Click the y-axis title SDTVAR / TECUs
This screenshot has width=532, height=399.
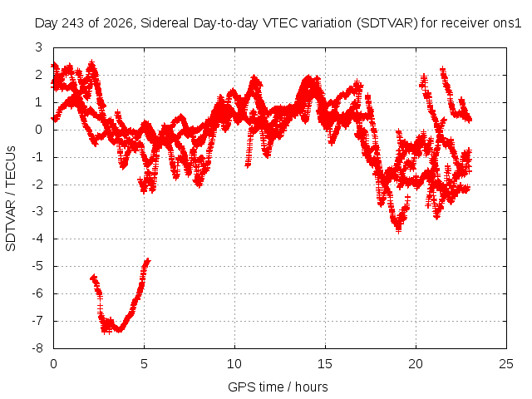pyautogui.click(x=11, y=199)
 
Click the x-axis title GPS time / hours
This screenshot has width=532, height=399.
pyautogui.click(x=278, y=387)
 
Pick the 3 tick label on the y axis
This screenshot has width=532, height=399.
pyautogui.click(x=39, y=47)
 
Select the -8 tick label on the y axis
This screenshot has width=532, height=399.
pyautogui.click(x=37, y=348)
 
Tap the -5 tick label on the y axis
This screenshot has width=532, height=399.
pyautogui.click(x=37, y=266)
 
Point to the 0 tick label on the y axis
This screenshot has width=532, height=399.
pyautogui.click(x=39, y=130)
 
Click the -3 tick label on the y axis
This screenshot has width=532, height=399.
pyautogui.click(x=37, y=211)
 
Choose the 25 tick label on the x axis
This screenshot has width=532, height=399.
pyautogui.click(x=506, y=364)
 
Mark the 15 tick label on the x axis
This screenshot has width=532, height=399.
pyautogui.click(x=325, y=364)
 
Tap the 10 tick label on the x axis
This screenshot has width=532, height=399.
pyautogui.click(x=234, y=364)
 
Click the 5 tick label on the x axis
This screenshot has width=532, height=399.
pyautogui.click(x=144, y=364)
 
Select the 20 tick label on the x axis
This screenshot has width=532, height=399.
pyautogui.click(x=416, y=364)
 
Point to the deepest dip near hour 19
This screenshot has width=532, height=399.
pyautogui.click(x=399, y=231)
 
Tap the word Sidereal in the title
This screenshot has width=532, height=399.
pyautogui.click(x=165, y=23)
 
